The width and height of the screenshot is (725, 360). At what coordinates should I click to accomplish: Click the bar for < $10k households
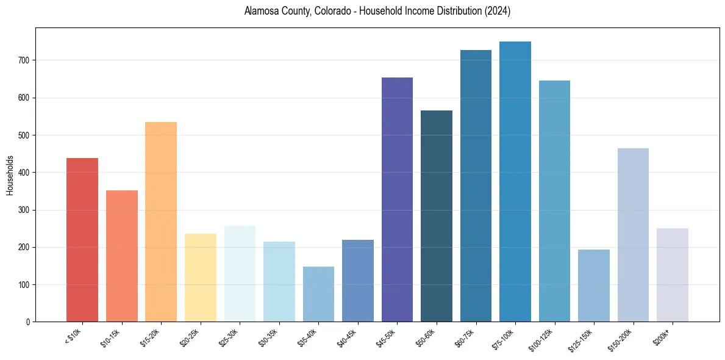[82, 240]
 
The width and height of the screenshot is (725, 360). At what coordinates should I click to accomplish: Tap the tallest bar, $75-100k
[515, 182]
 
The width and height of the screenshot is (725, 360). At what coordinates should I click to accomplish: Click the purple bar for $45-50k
[397, 200]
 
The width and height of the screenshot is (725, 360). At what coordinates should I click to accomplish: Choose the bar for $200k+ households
[673, 275]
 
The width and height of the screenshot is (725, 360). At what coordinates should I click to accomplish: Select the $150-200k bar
[633, 235]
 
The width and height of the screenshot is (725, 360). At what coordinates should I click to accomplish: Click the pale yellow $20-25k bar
[201, 278]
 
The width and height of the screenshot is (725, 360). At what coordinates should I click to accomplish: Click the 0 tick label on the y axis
[28, 322]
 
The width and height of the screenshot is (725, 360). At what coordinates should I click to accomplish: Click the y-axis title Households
[10, 175]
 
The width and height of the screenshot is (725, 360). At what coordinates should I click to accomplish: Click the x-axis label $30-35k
[269, 337]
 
